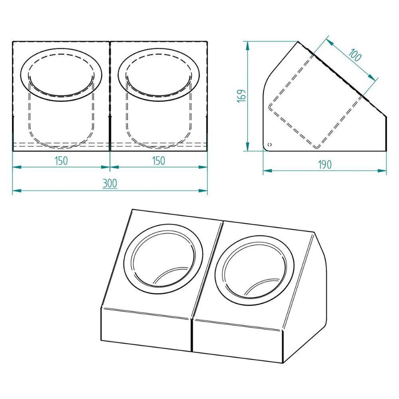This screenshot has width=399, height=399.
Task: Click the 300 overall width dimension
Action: pyautogui.click(x=110, y=183)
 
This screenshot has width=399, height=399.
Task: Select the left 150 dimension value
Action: pyautogui.click(x=61, y=161)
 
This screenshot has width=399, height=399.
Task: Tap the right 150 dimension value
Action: pyautogui.click(x=158, y=161)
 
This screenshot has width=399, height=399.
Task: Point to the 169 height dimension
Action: pyautogui.click(x=241, y=96)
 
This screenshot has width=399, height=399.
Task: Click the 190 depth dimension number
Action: pyautogui.click(x=325, y=165)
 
